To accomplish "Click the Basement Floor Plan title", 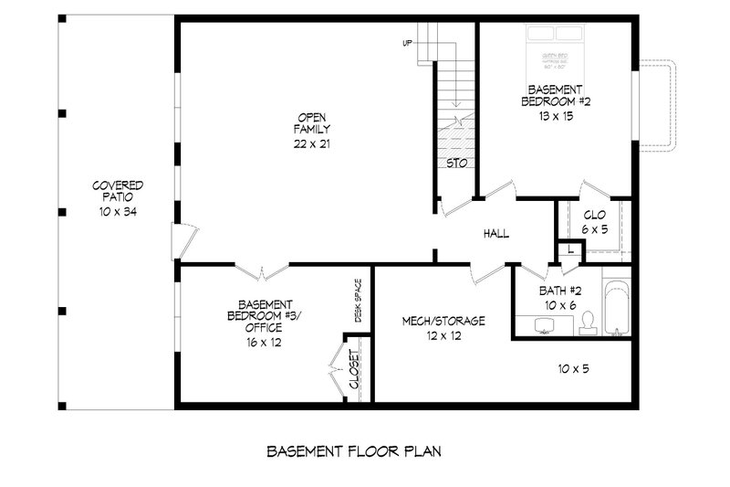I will coord(355,451).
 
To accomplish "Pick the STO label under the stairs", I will coord(457,163).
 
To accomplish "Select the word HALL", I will coord(496,234).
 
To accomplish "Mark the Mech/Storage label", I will coord(443,328).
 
